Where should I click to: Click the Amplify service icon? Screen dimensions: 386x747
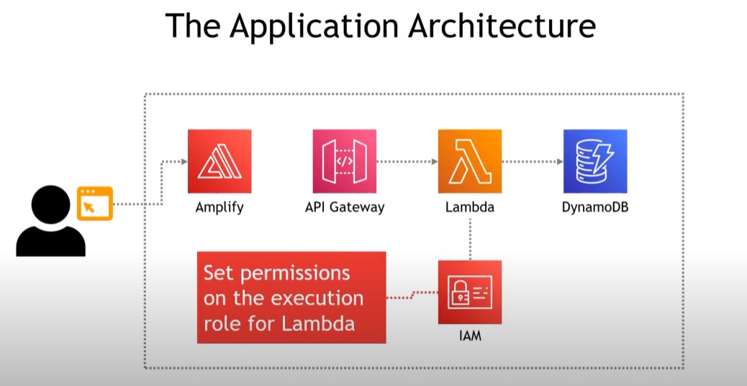coord(219,161)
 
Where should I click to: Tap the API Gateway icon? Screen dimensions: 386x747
coord(345,161)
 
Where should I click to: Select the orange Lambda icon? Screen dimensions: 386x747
coord(470,161)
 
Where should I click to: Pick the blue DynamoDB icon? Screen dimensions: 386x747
coord(595,161)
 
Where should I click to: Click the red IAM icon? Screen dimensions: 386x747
coord(470,292)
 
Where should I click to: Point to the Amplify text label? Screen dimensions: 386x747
coord(219,208)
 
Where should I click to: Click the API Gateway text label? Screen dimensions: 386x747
coord(345,207)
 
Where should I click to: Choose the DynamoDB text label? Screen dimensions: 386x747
coord(595,207)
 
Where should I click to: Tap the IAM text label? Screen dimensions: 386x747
coord(470,335)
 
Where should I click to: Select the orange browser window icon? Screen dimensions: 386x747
coord(95,203)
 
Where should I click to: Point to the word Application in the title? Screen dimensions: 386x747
coord(316,27)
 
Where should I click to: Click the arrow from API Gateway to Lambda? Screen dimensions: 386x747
coord(407,161)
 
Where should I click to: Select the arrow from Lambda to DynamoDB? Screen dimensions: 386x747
coord(533,161)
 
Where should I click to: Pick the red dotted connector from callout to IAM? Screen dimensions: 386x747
coord(412,295)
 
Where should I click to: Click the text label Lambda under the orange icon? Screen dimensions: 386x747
coord(470,207)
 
